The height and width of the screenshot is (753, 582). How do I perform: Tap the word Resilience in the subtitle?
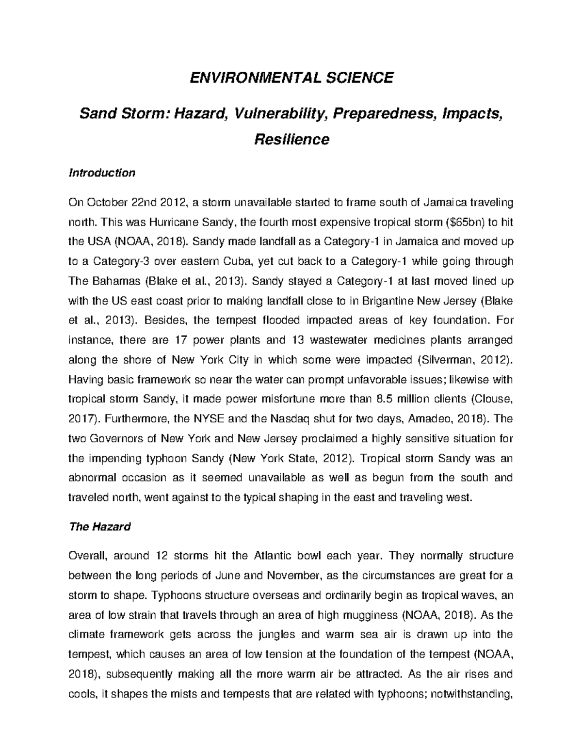(x=292, y=140)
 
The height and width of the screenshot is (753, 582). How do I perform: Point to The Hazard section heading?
(x=100, y=527)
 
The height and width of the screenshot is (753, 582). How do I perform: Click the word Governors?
(x=116, y=439)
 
